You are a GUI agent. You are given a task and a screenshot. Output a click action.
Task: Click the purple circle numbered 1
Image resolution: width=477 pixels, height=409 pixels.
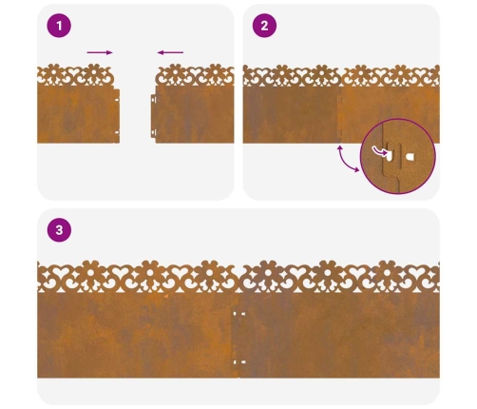(x=59, y=26)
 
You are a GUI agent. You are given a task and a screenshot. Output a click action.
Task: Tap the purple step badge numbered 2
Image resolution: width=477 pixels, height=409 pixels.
(x=264, y=26)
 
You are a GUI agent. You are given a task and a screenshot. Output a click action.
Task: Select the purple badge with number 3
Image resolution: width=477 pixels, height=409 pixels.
(x=59, y=230)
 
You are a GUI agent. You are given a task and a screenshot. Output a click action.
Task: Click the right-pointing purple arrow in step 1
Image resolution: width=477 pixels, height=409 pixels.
(x=100, y=52)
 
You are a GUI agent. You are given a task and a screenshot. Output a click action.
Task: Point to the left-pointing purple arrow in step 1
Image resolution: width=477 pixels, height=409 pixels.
(x=170, y=52)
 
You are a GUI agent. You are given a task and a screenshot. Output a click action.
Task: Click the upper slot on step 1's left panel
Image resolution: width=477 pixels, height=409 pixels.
(x=117, y=100)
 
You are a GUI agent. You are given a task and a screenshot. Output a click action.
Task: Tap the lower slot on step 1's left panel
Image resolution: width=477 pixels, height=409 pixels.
(x=117, y=132)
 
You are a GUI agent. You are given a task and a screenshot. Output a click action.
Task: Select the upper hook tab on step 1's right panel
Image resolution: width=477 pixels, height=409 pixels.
(x=153, y=99)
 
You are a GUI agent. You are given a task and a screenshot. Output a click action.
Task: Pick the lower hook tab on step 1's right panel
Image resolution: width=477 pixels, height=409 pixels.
(x=153, y=132)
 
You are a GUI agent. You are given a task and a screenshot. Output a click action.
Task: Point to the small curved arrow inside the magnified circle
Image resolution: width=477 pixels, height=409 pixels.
(x=379, y=151)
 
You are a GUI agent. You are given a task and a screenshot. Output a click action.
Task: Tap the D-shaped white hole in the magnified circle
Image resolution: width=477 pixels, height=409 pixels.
(x=410, y=157)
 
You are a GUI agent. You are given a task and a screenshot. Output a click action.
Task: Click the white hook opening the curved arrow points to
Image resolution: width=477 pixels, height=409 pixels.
(x=389, y=156)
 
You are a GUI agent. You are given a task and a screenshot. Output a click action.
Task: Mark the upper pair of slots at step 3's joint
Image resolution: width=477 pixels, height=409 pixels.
(x=239, y=314)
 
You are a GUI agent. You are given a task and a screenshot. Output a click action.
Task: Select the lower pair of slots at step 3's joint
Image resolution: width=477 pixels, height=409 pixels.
(x=239, y=361)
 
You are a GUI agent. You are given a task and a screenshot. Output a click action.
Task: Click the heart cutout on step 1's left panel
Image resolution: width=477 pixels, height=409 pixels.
(x=73, y=73)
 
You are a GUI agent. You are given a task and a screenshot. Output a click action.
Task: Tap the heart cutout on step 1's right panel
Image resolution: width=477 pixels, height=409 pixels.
(x=196, y=73)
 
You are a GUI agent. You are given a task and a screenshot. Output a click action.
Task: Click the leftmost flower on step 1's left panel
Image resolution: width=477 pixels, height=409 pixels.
(x=53, y=72)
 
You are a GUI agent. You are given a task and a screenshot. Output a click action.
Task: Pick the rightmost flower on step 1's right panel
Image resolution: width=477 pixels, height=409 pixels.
(x=216, y=72)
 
